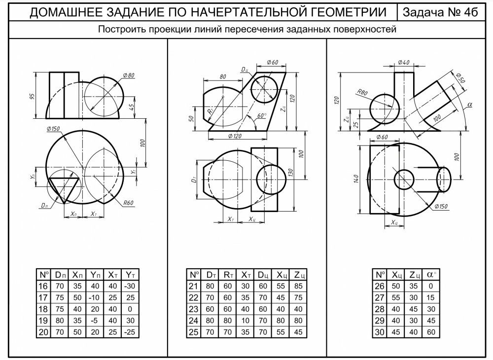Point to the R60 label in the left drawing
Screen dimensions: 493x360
(x=130, y=202)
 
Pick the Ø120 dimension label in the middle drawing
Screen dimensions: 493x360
(x=235, y=136)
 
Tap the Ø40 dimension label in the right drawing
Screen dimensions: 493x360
(x=403, y=63)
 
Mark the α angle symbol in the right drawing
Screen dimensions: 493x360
(x=470, y=105)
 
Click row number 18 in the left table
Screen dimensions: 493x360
(x=43, y=309)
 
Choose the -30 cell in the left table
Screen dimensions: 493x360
(x=130, y=287)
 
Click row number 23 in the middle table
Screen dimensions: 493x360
(x=193, y=309)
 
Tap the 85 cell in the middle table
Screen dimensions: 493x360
(x=298, y=287)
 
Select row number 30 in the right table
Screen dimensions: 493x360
(x=380, y=332)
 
